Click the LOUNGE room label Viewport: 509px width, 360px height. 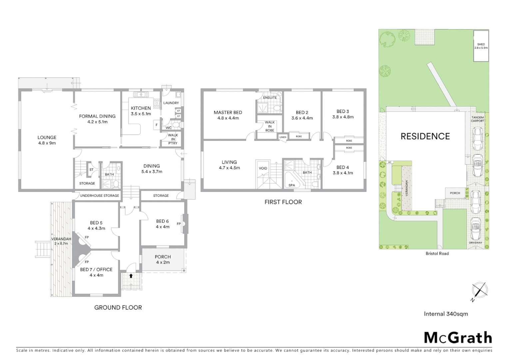pos(47,140)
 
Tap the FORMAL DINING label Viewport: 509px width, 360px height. pos(97,119)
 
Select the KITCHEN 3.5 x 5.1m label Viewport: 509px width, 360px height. pos(141,111)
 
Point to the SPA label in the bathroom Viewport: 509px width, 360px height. pos(291,185)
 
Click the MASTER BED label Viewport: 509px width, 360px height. pos(228,115)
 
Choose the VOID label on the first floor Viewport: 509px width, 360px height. pos(263,168)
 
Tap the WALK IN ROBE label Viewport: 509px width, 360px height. pos(269,126)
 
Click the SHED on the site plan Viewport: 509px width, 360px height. pos(481,46)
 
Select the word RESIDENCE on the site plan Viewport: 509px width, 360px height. pos(425,136)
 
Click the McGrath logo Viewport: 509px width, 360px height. pos(458,338)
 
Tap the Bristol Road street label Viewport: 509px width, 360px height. pos(437,254)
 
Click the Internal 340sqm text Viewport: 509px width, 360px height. pos(446,314)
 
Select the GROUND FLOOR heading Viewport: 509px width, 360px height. pos(118,308)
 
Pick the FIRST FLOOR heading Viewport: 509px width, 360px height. pos(283,202)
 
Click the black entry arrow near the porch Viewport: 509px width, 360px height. pos(131,276)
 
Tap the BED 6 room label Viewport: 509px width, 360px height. pos(162,224)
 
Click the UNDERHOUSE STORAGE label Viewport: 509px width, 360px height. pos(99,196)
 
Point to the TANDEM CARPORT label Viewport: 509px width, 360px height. pos(477,119)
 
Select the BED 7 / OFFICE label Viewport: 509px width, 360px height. pos(96,272)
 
